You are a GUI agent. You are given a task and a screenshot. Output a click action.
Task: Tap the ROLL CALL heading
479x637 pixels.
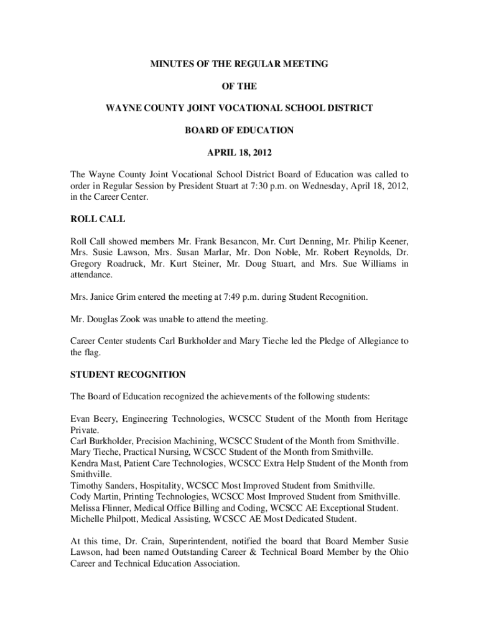tap(98, 219)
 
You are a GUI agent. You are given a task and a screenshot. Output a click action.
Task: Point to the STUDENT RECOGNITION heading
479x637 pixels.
tap(128, 374)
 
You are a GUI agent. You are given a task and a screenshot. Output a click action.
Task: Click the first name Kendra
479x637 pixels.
tap(85, 463)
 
